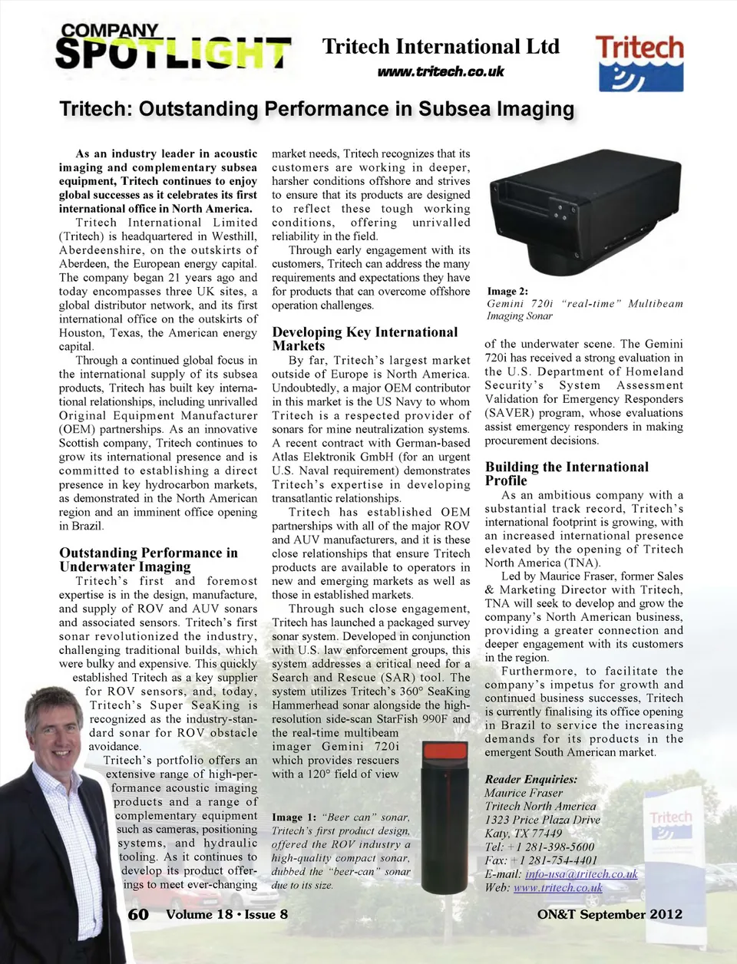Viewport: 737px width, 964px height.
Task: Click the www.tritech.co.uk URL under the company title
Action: [x=441, y=71]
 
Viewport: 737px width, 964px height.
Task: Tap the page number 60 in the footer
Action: [x=138, y=914]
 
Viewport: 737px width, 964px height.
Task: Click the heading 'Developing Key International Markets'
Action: [x=365, y=338]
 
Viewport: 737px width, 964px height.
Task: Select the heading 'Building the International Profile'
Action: [x=567, y=474]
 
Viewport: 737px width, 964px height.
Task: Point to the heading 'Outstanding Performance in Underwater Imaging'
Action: [x=148, y=560]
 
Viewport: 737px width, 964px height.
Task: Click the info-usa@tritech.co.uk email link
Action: [x=581, y=874]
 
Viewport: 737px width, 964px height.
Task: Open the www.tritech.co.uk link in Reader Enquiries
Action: [x=557, y=888]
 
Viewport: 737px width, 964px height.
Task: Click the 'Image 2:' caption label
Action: [x=507, y=292]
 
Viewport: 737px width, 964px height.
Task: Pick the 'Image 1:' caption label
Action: [x=294, y=817]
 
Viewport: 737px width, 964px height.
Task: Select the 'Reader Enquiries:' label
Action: [x=530, y=779]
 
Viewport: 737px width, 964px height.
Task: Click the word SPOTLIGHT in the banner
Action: [x=174, y=54]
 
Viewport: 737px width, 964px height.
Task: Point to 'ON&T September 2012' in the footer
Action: [x=610, y=914]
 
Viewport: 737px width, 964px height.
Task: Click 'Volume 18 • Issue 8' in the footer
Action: [x=226, y=914]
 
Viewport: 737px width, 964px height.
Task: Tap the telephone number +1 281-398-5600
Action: [x=551, y=847]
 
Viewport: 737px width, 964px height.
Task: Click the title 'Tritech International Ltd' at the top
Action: [x=441, y=47]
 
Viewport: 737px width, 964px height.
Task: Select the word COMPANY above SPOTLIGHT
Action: [x=110, y=31]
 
